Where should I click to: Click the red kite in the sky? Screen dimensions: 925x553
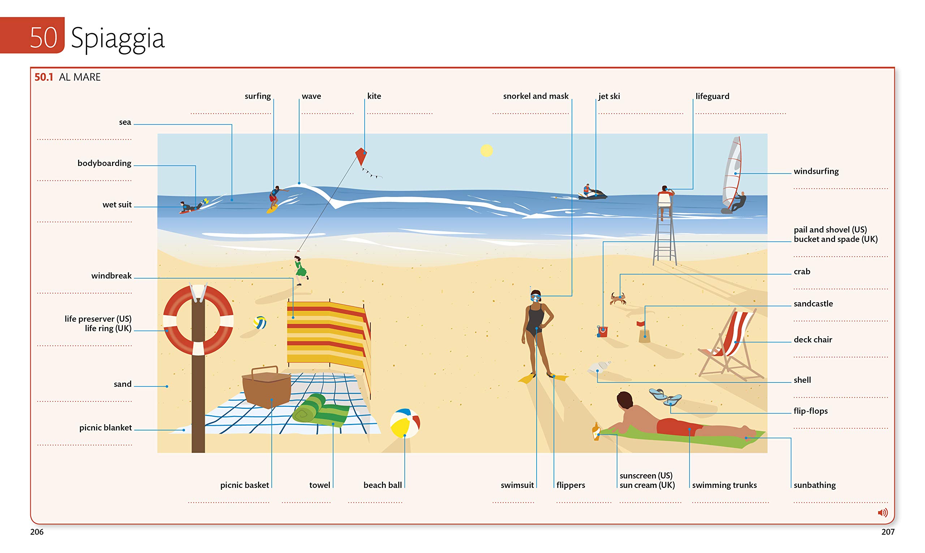(x=361, y=157)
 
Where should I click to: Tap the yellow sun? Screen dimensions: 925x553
(x=487, y=151)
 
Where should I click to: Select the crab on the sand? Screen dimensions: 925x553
(x=618, y=299)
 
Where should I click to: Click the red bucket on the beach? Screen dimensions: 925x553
(x=602, y=331)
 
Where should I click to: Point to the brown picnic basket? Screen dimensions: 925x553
(x=266, y=387)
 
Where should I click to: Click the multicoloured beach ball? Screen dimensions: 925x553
(x=405, y=423)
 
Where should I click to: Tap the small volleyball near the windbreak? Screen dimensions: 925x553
(x=260, y=323)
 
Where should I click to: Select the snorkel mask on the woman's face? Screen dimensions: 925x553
(x=535, y=297)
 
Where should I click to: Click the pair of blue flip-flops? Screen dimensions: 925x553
(x=665, y=397)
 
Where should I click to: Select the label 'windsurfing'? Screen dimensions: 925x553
(x=816, y=171)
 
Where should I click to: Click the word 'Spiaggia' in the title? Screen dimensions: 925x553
(x=118, y=38)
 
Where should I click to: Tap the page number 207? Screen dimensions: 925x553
(x=888, y=532)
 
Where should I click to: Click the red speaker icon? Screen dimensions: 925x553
(x=882, y=513)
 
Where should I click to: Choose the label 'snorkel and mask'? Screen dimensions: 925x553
(x=536, y=96)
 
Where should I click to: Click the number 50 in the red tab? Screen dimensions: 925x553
(x=44, y=37)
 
